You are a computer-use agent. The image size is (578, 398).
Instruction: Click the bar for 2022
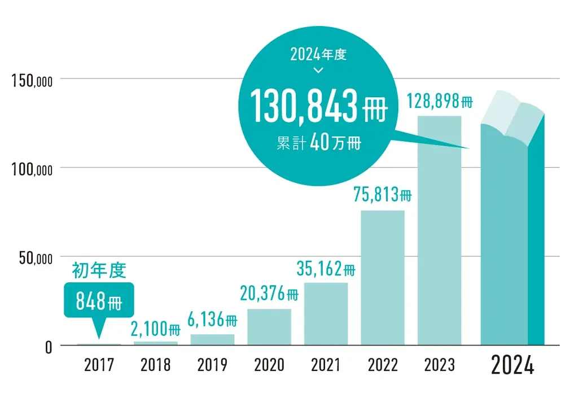tap(383, 277)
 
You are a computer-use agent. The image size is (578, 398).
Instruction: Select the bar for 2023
tap(439, 230)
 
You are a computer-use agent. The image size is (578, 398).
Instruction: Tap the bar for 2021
tap(326, 313)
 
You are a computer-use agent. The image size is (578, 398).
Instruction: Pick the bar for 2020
tap(269, 326)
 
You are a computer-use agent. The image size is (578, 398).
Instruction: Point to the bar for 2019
tap(212, 339)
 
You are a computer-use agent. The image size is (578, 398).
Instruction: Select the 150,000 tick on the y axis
tap(32, 80)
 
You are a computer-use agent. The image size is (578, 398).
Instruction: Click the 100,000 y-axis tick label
tap(32, 169)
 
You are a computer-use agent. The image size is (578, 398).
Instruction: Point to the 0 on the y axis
tap(48, 347)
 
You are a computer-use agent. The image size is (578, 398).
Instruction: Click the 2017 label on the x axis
tap(99, 366)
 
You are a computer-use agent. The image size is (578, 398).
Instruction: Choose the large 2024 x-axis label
tap(512, 366)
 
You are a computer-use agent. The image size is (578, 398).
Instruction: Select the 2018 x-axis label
tap(155, 366)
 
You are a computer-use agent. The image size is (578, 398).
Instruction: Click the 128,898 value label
tap(439, 102)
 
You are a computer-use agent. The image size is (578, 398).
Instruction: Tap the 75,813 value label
tap(383, 195)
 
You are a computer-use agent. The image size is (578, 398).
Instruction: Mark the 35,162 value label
tap(326, 269)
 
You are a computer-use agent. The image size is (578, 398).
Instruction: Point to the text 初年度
tap(99, 272)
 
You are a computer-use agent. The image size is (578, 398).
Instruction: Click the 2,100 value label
tap(155, 328)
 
